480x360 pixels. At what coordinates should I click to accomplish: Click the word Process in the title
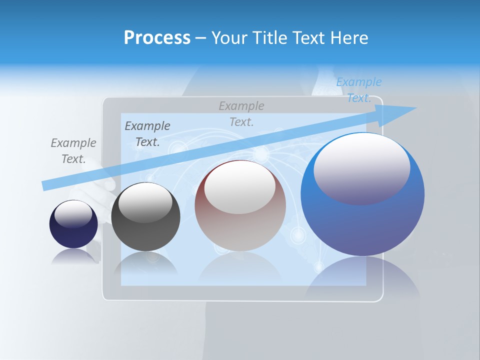coord(157,37)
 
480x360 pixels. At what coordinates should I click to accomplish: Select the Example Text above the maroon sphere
coord(241,113)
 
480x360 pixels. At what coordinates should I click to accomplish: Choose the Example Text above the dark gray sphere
coord(147,133)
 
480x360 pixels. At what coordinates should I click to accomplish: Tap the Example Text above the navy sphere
coord(73,150)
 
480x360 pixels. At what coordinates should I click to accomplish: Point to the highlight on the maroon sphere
coord(239,187)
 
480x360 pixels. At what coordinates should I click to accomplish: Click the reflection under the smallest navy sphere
coord(73,257)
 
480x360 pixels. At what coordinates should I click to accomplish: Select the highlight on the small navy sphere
coord(73,214)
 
